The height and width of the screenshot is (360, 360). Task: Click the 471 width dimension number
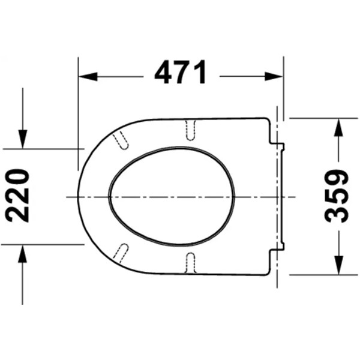180,73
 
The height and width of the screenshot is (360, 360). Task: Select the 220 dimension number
17,196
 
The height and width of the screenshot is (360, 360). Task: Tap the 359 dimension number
337,196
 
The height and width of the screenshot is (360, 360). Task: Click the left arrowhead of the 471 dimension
88,76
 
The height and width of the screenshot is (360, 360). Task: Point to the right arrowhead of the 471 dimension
274,76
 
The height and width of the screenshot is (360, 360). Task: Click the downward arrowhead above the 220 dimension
23,139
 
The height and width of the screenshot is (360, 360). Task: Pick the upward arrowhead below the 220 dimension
23,254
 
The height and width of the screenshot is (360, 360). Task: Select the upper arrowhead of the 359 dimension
338,127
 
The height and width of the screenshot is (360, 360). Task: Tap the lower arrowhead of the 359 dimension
338,265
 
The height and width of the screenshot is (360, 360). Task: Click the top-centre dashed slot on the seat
190,130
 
